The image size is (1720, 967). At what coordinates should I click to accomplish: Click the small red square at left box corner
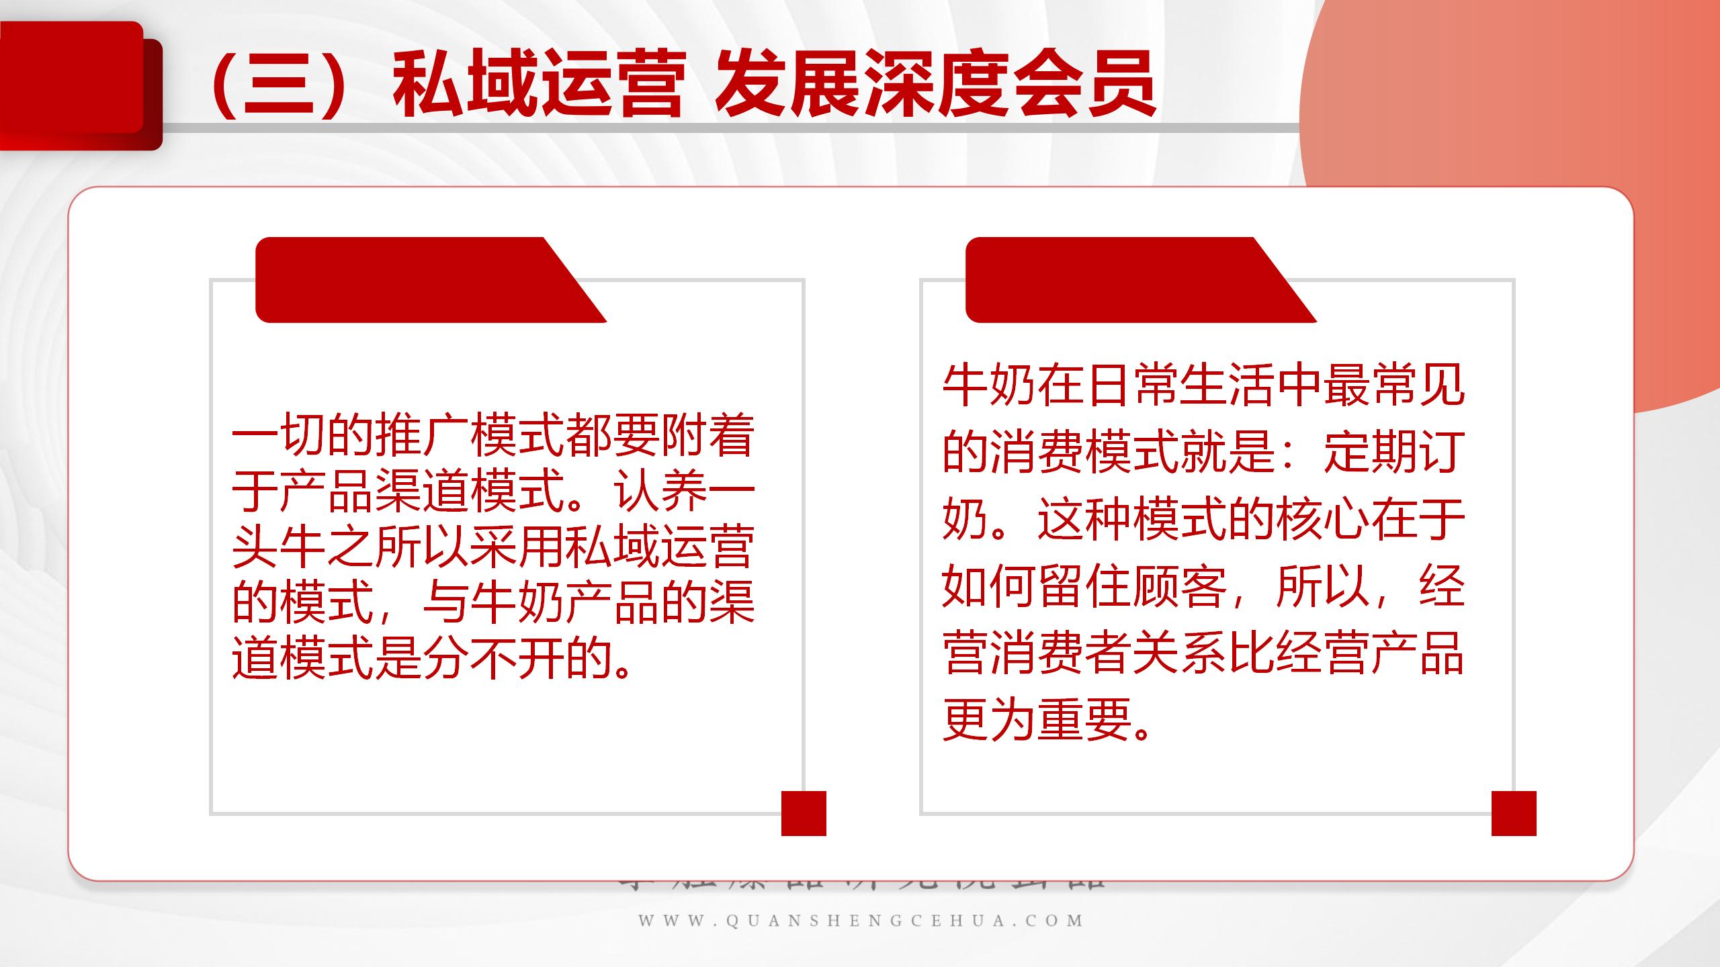click(804, 813)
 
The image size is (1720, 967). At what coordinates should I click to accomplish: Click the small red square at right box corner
click(1514, 813)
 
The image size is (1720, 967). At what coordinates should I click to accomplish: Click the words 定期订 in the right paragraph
click(1393, 452)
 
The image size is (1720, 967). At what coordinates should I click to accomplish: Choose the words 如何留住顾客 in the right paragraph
click(1084, 586)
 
